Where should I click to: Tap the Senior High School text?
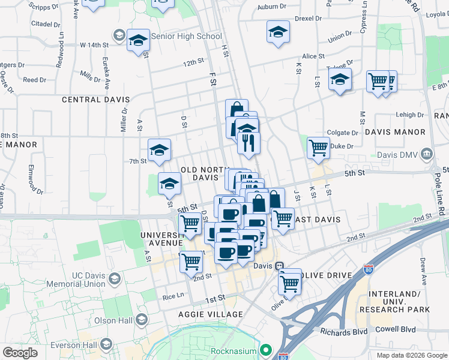coord(187,36)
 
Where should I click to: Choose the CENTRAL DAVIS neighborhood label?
coord(93,99)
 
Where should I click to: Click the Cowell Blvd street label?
coord(396,329)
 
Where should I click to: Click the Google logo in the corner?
coord(20,353)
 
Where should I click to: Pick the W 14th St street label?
coord(94,44)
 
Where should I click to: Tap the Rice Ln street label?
coord(172,296)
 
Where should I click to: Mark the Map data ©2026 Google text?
coord(411,355)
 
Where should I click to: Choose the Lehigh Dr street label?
coord(410,115)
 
